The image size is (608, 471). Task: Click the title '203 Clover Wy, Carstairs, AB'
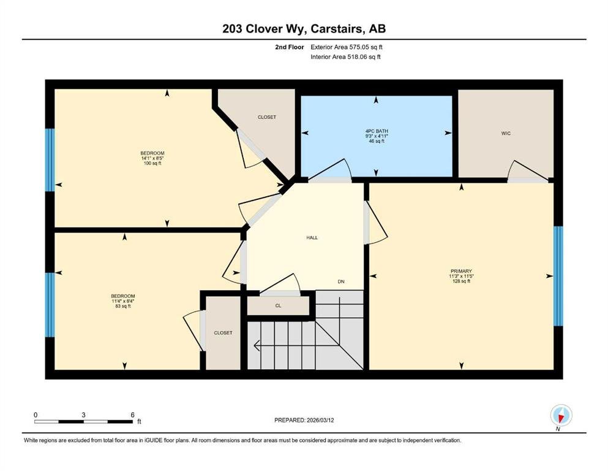pyautogui.click(x=304, y=29)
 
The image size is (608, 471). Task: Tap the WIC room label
pyautogui.click(x=506, y=134)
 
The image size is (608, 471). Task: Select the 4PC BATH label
pyautogui.click(x=376, y=131)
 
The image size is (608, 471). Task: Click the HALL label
pyautogui.click(x=312, y=237)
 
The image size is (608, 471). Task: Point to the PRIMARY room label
pyautogui.click(x=461, y=271)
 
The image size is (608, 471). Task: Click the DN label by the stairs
pyautogui.click(x=341, y=281)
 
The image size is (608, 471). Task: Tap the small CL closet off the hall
pyautogui.click(x=278, y=305)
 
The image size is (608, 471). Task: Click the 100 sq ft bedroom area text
pyautogui.click(x=152, y=164)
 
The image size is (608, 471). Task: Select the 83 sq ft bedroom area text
pyautogui.click(x=123, y=306)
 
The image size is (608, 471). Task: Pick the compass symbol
pyautogui.click(x=561, y=415)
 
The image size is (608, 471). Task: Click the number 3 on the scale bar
pyautogui.click(x=83, y=415)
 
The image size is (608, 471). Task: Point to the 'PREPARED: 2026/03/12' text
pyautogui.click(x=304, y=420)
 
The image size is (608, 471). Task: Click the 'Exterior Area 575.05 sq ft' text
pyautogui.click(x=347, y=47)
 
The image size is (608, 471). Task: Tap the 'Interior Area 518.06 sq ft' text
pyautogui.click(x=345, y=56)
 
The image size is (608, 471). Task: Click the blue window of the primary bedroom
pyautogui.click(x=558, y=276)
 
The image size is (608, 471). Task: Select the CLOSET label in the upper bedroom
pyautogui.click(x=267, y=117)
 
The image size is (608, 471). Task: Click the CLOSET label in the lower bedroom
pyautogui.click(x=223, y=333)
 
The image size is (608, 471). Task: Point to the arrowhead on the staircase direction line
pyautogui.click(x=257, y=345)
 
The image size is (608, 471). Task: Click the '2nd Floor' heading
pyautogui.click(x=289, y=47)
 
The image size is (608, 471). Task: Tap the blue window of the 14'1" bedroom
pyautogui.click(x=50, y=160)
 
